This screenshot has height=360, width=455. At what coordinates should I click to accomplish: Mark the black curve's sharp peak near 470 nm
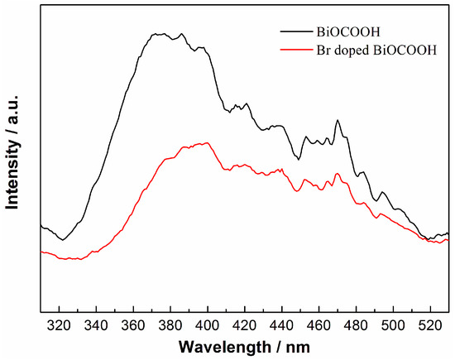[338, 120]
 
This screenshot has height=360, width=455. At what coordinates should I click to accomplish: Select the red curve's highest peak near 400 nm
[206, 142]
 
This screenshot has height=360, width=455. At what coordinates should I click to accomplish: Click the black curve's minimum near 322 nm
[62, 240]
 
